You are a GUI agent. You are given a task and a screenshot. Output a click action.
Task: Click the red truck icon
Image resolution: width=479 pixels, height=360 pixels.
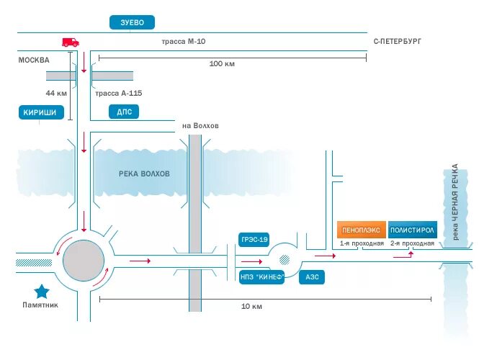[x=70, y=42]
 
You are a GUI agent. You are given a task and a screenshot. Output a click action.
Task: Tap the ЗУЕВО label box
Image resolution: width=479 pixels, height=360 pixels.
[x=133, y=23]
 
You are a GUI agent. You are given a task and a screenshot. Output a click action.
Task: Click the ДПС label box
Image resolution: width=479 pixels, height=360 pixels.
[x=123, y=112]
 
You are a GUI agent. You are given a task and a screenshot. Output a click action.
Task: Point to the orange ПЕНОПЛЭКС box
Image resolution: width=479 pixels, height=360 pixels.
[x=360, y=230]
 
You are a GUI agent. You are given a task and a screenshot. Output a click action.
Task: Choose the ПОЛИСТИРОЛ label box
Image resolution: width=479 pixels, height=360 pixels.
[x=413, y=230]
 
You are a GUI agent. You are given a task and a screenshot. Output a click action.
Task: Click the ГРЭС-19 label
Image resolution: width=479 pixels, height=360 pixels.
[x=254, y=239]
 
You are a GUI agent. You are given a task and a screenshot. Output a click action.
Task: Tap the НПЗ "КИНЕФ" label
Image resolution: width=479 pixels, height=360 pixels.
[x=261, y=276]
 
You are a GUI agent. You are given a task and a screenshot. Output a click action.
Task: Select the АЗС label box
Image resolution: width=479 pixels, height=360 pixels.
[x=312, y=276]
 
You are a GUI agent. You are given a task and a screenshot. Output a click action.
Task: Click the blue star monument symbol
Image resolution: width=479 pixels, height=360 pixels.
[x=42, y=291]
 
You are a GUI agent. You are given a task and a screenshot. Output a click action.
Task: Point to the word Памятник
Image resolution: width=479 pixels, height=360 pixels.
[x=39, y=305]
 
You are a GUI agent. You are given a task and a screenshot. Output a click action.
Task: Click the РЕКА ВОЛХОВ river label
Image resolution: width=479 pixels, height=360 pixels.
[x=145, y=174]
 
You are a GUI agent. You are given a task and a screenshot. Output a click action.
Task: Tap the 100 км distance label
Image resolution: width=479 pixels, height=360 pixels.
[x=222, y=64]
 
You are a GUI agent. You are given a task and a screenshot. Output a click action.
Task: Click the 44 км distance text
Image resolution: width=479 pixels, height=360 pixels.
[x=56, y=94]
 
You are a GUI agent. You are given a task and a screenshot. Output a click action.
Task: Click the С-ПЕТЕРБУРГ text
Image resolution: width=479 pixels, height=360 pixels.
[x=397, y=42]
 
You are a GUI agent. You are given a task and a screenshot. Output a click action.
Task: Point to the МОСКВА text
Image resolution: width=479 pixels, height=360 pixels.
[x=34, y=60]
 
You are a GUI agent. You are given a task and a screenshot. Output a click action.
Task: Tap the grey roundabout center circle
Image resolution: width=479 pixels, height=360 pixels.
[x=84, y=260]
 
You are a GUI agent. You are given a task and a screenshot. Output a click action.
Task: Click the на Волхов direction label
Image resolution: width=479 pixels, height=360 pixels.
[x=200, y=126]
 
